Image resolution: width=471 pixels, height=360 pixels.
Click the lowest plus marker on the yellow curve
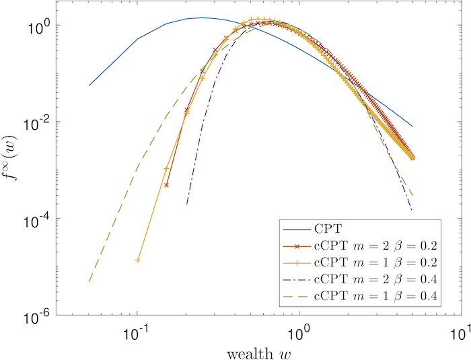point(137,260)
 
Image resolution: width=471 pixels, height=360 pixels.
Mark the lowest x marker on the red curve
point(166,184)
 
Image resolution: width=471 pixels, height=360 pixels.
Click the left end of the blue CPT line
point(89,85)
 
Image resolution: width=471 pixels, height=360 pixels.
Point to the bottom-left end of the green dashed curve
point(89,282)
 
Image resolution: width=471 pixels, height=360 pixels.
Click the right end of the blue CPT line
point(412,127)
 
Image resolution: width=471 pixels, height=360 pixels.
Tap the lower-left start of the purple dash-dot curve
point(186,204)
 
